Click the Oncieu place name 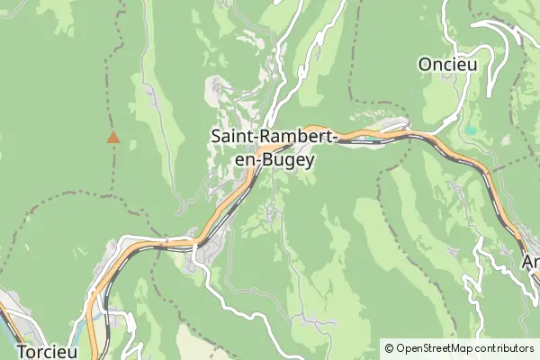point(447,65)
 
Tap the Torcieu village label point(47,351)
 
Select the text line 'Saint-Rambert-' point(274,137)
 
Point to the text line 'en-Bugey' point(274,160)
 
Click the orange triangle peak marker point(113,138)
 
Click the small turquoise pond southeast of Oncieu point(469,131)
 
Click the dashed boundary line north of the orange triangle point(111,90)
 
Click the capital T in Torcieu point(22,351)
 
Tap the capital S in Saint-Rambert point(217,137)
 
